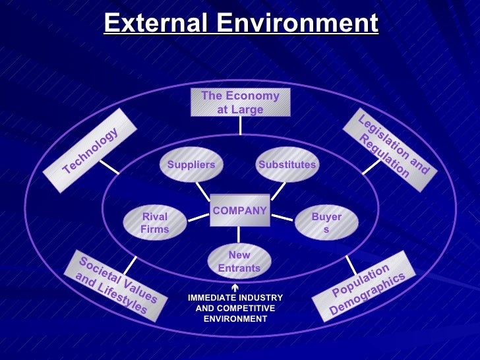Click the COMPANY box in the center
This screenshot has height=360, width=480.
tap(239, 210)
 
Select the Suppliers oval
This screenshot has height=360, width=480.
tap(191, 164)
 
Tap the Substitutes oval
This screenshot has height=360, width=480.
tap(287, 164)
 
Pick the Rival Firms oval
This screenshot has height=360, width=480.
tap(155, 223)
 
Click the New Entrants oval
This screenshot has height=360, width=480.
tap(239, 261)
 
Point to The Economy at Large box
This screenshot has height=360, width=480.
tap(240, 103)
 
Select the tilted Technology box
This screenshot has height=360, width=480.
tap(90, 151)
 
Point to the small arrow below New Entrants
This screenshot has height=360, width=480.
tap(235, 288)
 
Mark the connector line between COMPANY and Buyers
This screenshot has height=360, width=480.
tap(282, 216)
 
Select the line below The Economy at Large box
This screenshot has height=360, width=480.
tap(240, 125)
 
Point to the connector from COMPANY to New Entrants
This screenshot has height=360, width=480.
tap(239, 235)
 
